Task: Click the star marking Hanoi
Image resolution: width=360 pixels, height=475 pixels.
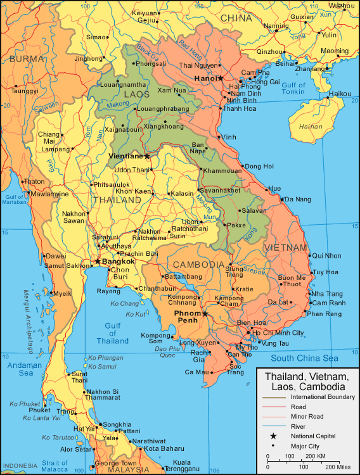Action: [221, 79]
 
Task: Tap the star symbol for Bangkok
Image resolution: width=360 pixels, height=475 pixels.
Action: [98, 261]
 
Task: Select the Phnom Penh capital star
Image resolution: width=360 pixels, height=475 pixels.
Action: [205, 313]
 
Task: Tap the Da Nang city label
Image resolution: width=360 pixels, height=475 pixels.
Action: [298, 199]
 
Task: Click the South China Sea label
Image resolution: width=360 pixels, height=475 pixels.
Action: [304, 358]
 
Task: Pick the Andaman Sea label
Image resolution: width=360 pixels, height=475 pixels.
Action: [25, 369]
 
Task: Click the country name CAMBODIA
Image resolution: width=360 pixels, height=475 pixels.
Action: [198, 264]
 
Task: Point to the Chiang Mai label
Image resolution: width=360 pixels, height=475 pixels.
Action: [48, 138]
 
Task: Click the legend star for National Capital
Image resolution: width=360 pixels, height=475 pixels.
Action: [273, 436]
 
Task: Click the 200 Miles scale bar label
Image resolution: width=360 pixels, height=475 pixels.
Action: [337, 466]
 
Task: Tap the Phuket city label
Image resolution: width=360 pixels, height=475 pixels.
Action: [39, 410]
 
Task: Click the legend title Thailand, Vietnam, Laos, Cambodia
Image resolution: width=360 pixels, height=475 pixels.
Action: [305, 381]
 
